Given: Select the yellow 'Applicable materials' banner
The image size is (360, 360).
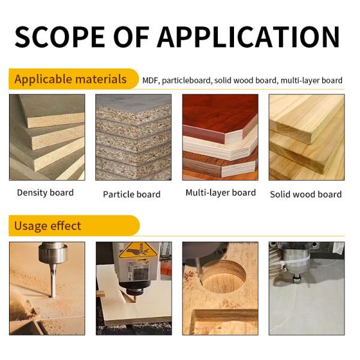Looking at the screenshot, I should pyautogui.click(x=71, y=79).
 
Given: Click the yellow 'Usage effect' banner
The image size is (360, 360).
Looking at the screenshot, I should pyautogui.click(x=48, y=226).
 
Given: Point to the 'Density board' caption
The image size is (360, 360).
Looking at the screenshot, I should pyautogui.click(x=45, y=193).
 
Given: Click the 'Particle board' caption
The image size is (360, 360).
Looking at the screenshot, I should pyautogui.click(x=131, y=194).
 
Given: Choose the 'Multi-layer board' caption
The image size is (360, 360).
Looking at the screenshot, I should pyautogui.click(x=220, y=193).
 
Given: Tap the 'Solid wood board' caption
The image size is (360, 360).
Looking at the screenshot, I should pyautogui.click(x=305, y=194).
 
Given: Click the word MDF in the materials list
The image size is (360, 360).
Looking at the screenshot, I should pyautogui.click(x=150, y=80).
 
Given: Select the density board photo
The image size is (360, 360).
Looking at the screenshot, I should pyautogui.click(x=47, y=137).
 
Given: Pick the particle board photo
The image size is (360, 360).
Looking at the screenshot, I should pyautogui.click(x=133, y=137).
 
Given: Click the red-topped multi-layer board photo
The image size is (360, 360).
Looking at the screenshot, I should pyautogui.click(x=220, y=137).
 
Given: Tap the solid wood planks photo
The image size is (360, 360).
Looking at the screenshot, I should pyautogui.click(x=306, y=137).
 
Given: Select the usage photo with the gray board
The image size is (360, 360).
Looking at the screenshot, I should pyautogui.click(x=306, y=288).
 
